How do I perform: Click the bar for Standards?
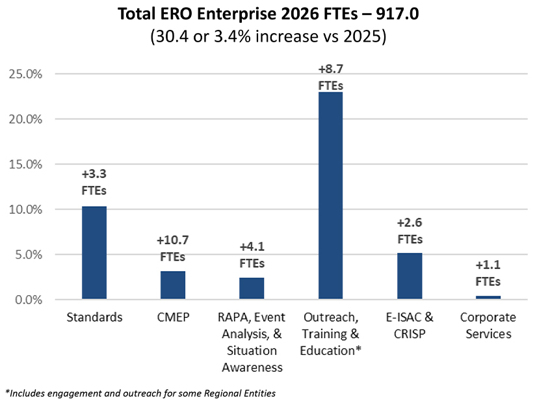[94, 253]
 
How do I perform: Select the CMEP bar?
[173, 285]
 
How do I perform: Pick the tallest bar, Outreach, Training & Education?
[330, 196]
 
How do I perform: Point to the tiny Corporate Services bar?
[488, 298]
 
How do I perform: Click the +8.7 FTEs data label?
[330, 76]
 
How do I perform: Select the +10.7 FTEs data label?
[173, 248]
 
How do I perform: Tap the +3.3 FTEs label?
[94, 183]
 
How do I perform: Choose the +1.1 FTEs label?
[488, 273]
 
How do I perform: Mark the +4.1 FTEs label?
[252, 255]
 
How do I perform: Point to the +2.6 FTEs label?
[410, 230]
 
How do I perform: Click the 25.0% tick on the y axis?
[25, 74]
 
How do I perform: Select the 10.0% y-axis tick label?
[25, 210]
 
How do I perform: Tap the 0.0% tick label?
[28, 300]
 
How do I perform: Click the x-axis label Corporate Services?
[488, 326]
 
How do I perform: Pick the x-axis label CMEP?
[173, 318]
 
